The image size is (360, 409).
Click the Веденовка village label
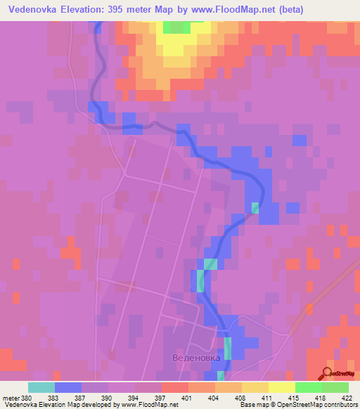click(x=196, y=358)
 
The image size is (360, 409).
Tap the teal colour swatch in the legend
click(x=41, y=387)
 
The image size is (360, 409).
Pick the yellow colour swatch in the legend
click(x=281, y=387)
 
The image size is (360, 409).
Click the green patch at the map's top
click(x=176, y=27)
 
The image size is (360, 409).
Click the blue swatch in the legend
click(x=68, y=387)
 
